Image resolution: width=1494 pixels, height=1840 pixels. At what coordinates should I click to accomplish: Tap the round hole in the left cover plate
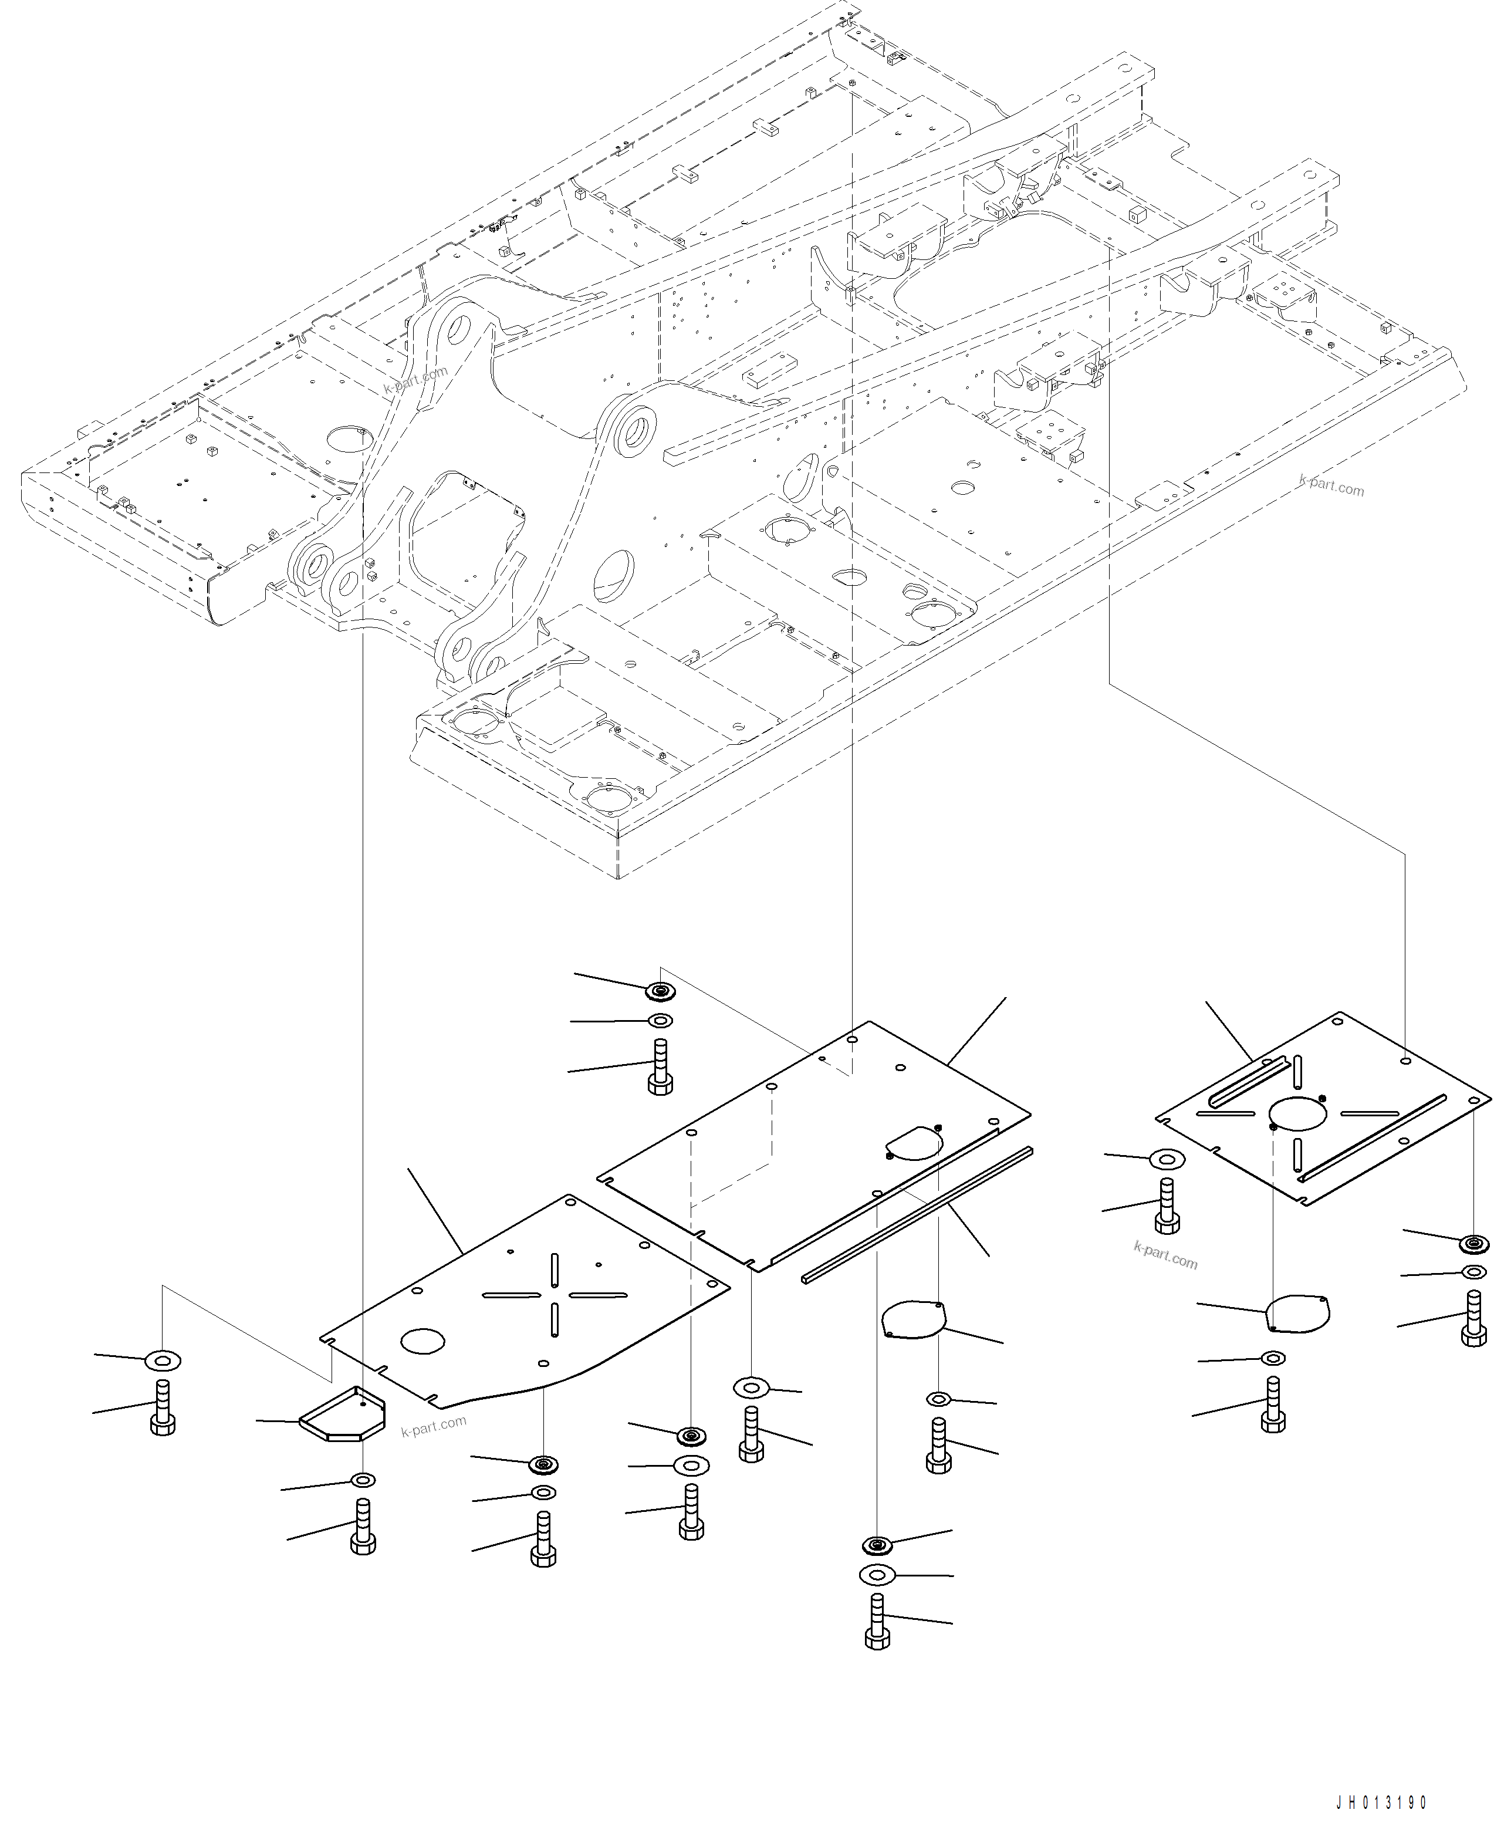(x=422, y=1340)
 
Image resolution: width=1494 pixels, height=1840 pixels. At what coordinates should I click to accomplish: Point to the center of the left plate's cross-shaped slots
(x=555, y=1295)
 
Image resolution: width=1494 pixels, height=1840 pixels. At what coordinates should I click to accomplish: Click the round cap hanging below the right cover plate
(x=1299, y=1312)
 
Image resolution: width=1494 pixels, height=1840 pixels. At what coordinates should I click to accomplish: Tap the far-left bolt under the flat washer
(x=163, y=1408)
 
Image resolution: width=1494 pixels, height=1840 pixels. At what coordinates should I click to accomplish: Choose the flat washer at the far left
(x=163, y=1360)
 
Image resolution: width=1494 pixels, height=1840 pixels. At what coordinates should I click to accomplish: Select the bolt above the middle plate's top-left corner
(x=660, y=1066)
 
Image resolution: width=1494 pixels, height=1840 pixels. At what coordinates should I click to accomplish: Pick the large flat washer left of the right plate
(x=1167, y=1159)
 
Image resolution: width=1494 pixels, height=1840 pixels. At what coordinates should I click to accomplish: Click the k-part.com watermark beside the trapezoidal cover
(x=434, y=1426)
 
